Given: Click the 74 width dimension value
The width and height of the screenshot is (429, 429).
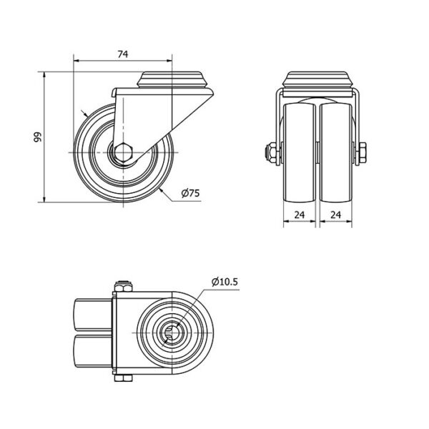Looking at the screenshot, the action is coord(123,54).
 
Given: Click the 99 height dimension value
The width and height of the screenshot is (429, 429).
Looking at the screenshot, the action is coord(37,137).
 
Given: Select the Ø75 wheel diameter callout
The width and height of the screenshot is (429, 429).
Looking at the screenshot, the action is coord(190,193).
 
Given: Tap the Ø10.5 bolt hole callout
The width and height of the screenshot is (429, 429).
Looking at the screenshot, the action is coord(225,282).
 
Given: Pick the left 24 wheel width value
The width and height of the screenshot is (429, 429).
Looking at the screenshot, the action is coord(300,215).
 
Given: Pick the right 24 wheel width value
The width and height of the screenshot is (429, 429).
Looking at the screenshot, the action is coord(336,215).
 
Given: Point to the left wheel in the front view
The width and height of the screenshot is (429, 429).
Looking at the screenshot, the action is coord(300,153).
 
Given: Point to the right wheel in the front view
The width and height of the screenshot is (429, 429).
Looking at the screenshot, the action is coord(336,153).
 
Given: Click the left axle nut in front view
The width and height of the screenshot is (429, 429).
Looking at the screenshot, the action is coord(271,153).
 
